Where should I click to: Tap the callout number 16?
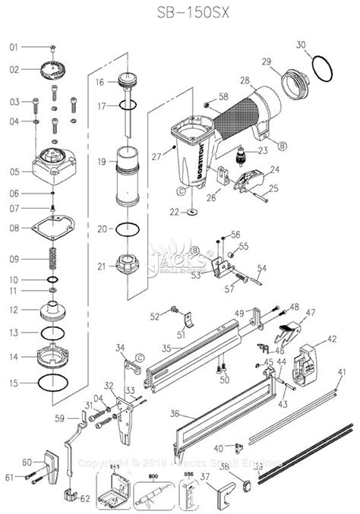click(99, 81)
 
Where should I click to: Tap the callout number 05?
click(13, 172)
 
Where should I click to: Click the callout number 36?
click(155, 414)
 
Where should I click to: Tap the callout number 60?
click(27, 462)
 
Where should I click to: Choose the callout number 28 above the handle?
click(245, 80)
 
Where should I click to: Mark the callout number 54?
click(261, 268)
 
